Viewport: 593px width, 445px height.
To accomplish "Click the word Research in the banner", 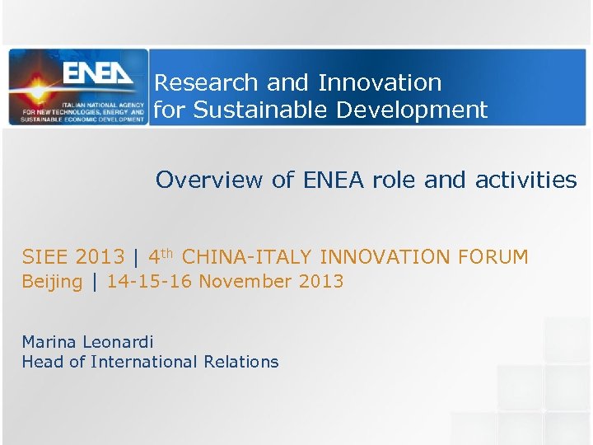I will point(195,83).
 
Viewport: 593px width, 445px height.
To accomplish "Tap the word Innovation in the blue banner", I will point(380,83).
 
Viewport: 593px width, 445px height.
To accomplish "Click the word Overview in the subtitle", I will point(201,180).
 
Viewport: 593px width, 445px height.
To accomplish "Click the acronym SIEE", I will point(44,257).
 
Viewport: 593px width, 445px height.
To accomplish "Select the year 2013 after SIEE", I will point(99,257).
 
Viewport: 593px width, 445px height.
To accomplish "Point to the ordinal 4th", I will point(161,256).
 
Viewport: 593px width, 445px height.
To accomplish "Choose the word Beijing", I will point(52,282).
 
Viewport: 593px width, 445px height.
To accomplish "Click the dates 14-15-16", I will point(149,282).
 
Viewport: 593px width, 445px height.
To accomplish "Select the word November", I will point(245,282).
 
